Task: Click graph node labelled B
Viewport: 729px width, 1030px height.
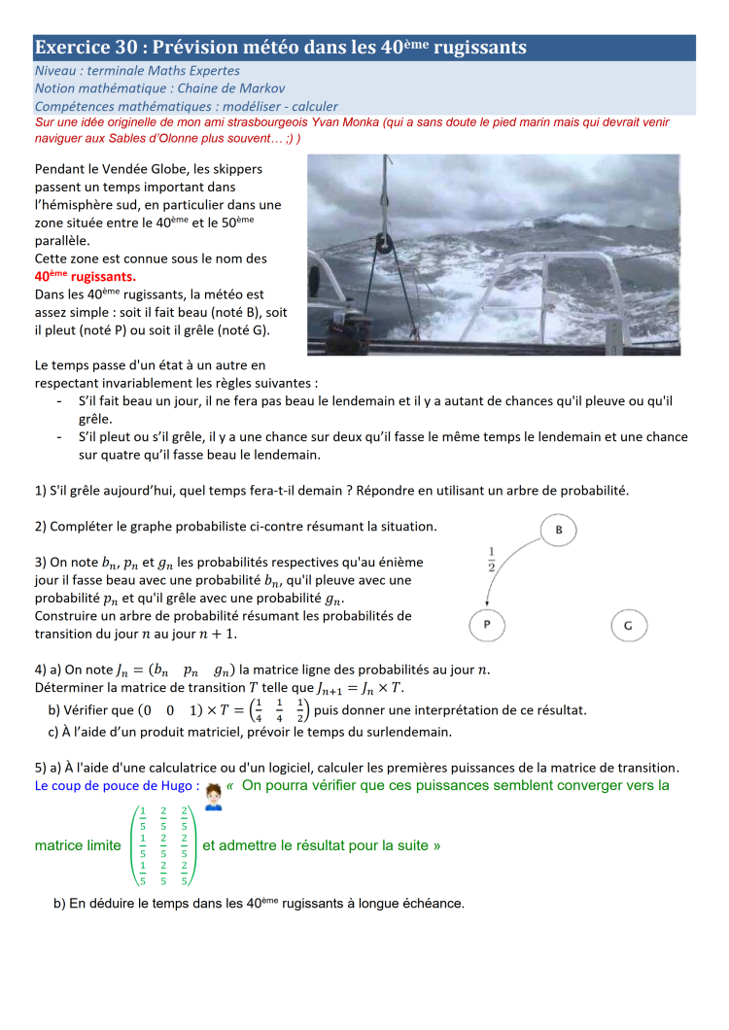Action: tap(559, 531)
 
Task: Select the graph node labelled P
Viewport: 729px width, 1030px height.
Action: tap(488, 625)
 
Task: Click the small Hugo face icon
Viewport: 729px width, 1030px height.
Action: tap(214, 797)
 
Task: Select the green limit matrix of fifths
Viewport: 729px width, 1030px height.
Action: tap(163, 845)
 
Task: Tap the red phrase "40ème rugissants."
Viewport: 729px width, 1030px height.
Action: tap(86, 276)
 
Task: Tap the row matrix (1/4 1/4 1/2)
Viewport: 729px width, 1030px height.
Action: tap(278, 710)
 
